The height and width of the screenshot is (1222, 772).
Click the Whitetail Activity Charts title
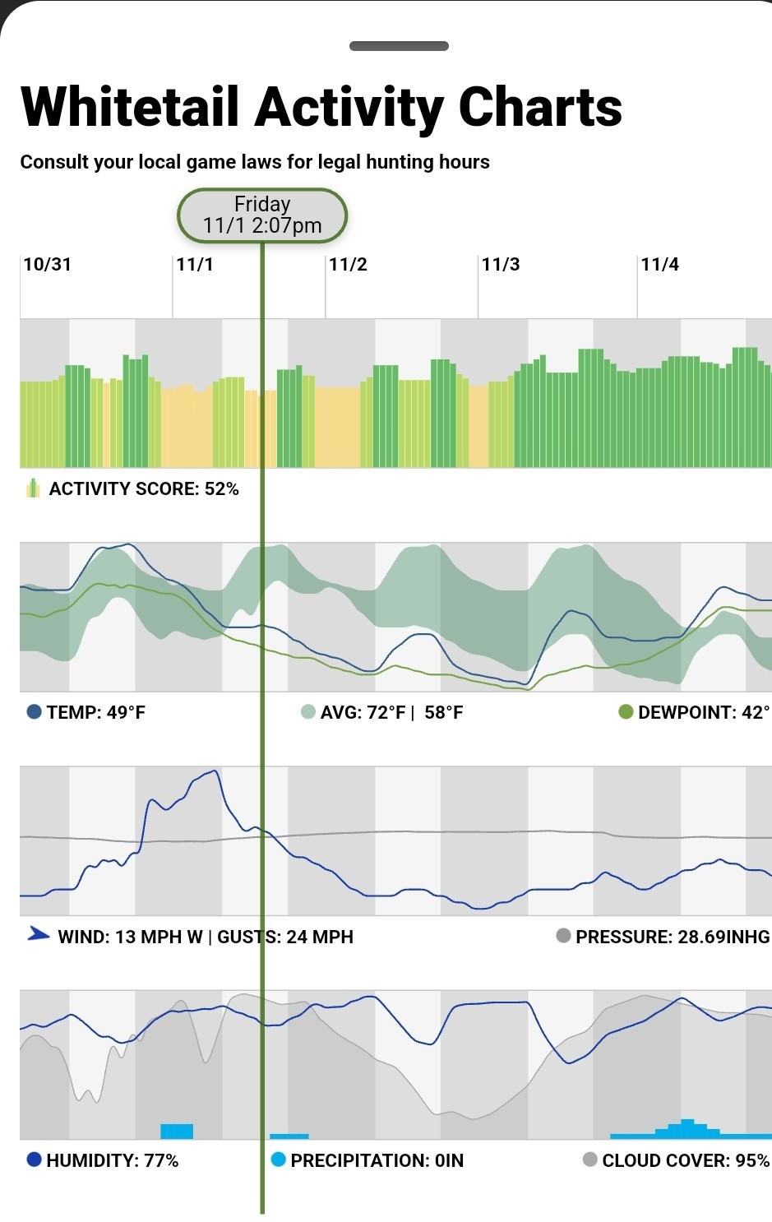(x=321, y=108)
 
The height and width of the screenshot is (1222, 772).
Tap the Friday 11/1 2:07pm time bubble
(x=262, y=215)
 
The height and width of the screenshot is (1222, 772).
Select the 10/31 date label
(x=48, y=265)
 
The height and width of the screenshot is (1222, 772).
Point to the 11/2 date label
(x=348, y=265)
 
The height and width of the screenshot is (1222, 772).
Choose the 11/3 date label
(x=501, y=265)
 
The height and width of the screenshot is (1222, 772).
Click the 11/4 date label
(x=659, y=265)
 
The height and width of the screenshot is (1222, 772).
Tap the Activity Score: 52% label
(x=144, y=489)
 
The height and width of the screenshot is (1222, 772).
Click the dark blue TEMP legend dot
(x=35, y=712)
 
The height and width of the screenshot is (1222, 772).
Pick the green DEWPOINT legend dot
(x=626, y=712)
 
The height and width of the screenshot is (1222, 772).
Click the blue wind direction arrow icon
(x=38, y=934)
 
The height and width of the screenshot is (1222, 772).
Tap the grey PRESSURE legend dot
(x=563, y=936)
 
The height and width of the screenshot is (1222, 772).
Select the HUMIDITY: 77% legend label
(x=113, y=1160)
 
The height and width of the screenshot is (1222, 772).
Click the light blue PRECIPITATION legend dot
(x=278, y=1160)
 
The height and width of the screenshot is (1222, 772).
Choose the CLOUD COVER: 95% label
(x=686, y=1160)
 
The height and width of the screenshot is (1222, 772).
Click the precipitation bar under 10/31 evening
(x=176, y=1132)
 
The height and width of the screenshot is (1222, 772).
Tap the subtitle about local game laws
(x=255, y=162)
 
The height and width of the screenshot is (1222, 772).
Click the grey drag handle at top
(x=399, y=46)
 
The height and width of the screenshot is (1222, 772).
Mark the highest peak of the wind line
(x=215, y=771)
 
